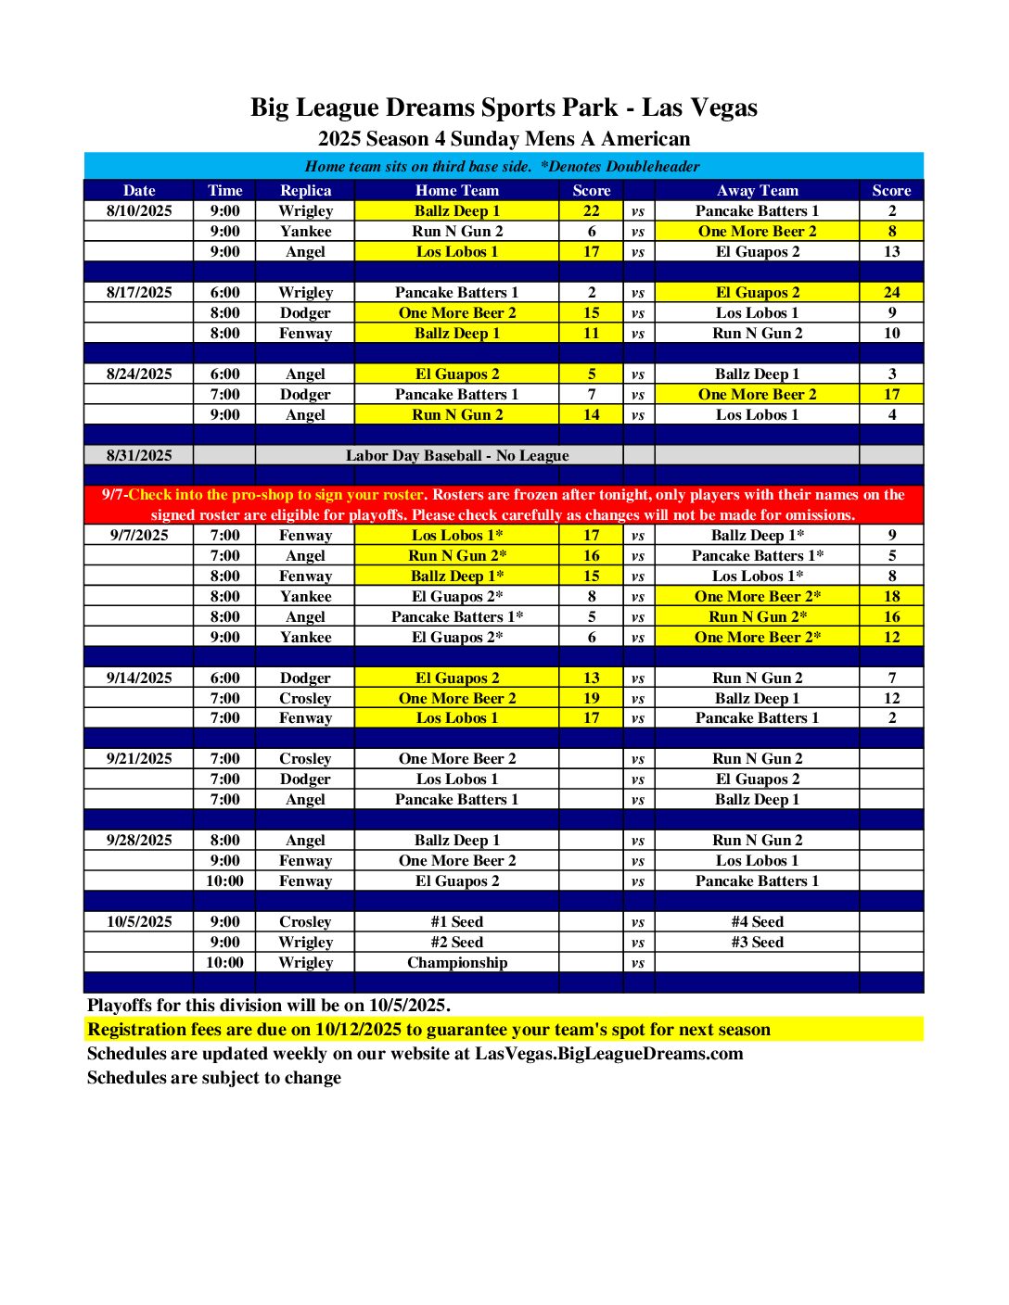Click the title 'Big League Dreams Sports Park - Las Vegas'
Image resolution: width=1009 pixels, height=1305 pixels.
click(x=504, y=108)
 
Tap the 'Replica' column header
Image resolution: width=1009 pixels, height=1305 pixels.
click(x=305, y=190)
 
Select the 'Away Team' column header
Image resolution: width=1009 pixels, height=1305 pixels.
click(x=757, y=190)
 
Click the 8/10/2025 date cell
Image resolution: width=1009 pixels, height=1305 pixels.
click(x=139, y=210)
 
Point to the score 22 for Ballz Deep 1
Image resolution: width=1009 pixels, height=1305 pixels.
click(x=591, y=210)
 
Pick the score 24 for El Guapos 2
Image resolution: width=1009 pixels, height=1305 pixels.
click(x=891, y=292)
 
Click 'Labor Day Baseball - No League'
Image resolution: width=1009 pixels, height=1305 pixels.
click(x=457, y=455)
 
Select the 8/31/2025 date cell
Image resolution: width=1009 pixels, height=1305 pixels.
click(x=139, y=455)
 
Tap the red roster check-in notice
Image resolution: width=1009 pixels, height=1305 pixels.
click(x=504, y=504)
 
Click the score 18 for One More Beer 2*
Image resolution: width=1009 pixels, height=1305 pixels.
click(x=891, y=596)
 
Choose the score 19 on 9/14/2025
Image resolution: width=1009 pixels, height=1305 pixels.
click(x=591, y=698)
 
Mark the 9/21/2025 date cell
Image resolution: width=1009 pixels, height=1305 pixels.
click(x=139, y=758)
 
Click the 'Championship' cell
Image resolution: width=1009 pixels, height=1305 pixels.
click(x=457, y=962)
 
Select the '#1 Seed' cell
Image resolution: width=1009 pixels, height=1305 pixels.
click(x=457, y=921)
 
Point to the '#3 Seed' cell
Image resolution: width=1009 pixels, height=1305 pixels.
click(x=757, y=942)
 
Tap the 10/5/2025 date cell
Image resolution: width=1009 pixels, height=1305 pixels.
click(x=139, y=921)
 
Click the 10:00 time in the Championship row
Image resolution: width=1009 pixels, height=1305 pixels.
click(x=224, y=962)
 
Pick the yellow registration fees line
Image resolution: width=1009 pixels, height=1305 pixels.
click(x=428, y=1029)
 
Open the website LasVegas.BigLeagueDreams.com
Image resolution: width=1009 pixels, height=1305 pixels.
click(x=608, y=1053)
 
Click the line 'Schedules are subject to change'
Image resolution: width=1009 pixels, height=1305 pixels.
click(x=214, y=1077)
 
